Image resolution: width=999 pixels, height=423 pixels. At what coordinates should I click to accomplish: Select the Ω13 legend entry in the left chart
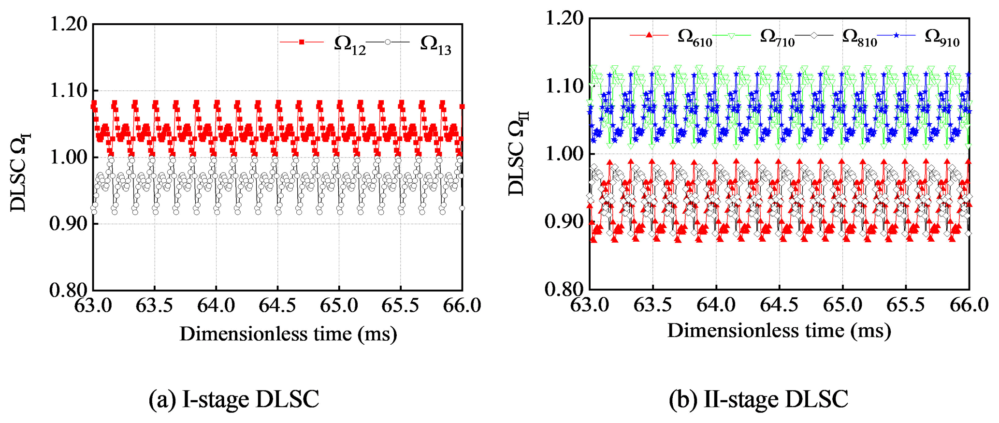[411, 44]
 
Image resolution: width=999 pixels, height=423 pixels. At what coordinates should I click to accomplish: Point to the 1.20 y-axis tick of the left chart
[69, 24]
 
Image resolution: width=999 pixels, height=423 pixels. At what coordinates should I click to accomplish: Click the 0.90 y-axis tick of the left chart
[69, 224]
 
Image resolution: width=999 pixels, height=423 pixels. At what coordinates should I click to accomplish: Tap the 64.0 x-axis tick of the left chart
[216, 306]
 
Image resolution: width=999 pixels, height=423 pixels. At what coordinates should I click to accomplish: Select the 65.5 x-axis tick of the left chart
[400, 306]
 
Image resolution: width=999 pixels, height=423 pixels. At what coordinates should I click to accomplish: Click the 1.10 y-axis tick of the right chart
[564, 87]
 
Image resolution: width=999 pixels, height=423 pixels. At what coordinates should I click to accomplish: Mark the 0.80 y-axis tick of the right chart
[564, 289]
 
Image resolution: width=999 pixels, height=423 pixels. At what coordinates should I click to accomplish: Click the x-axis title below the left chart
[288, 334]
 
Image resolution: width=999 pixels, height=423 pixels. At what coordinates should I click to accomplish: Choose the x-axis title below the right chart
[779, 331]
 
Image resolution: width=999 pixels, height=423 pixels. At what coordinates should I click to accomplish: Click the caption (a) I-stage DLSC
[234, 399]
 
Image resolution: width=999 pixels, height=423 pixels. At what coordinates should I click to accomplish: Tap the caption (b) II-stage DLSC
[758, 399]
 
